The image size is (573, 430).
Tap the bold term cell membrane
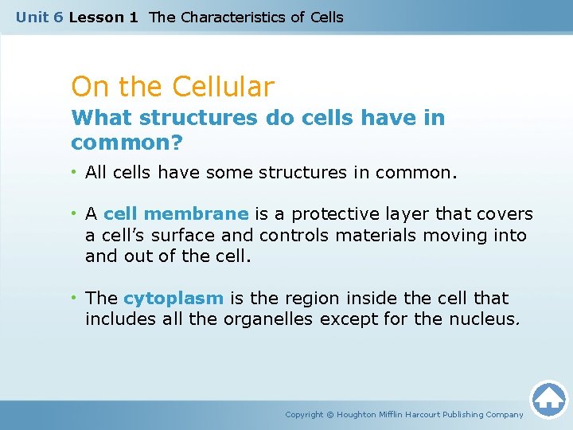(x=176, y=214)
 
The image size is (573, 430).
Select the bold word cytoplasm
(x=173, y=299)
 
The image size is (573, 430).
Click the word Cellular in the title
(x=224, y=87)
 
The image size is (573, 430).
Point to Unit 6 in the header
(x=40, y=17)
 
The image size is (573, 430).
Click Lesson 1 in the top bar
(x=103, y=17)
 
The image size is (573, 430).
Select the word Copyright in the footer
(x=304, y=415)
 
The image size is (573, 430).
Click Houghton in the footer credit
(x=362, y=415)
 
